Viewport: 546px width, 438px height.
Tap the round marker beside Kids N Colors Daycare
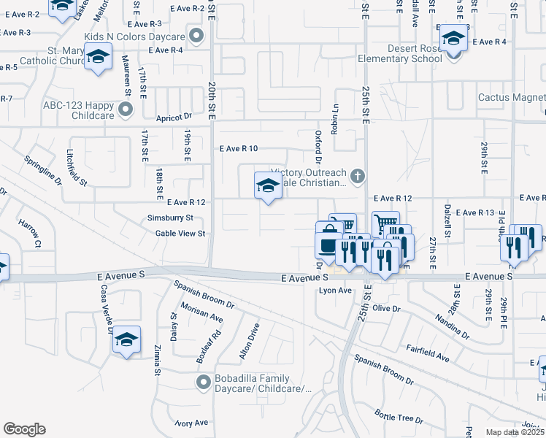(x=196, y=35)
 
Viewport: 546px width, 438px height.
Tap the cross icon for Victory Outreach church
(x=358, y=175)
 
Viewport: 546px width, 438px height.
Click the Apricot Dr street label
(x=173, y=116)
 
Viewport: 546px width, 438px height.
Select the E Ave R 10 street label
(x=239, y=148)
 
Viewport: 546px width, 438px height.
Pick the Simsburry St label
(x=169, y=218)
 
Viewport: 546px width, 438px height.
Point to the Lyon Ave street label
(x=336, y=291)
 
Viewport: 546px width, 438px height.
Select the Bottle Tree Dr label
(x=399, y=416)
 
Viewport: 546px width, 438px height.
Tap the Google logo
(x=24, y=429)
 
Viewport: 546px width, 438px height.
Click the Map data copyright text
(x=515, y=432)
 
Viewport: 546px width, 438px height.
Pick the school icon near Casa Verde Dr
(x=127, y=340)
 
